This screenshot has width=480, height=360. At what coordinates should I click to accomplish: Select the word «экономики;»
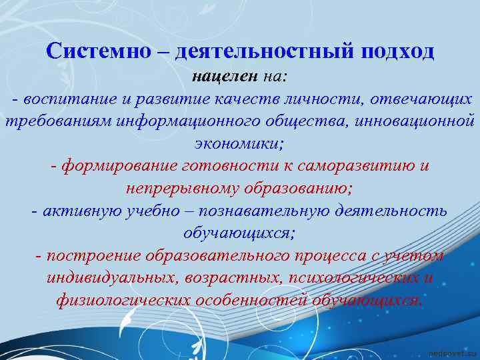(239, 143)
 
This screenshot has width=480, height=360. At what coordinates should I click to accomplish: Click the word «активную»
(77, 211)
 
